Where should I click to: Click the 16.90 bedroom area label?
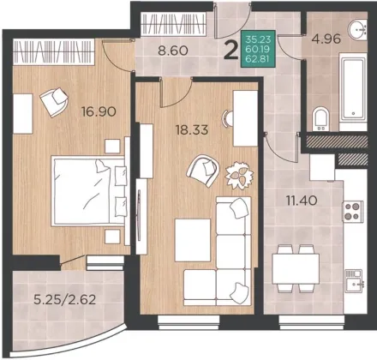(99, 111)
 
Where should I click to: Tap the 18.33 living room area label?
(192, 130)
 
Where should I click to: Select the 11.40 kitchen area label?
(302, 201)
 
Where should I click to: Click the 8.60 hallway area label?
(173, 51)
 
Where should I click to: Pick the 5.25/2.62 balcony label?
(64, 300)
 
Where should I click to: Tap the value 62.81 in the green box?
(258, 60)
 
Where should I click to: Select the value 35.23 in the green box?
(258, 39)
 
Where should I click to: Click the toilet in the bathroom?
(320, 119)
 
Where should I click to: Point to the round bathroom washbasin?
(357, 29)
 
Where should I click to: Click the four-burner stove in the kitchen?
(353, 212)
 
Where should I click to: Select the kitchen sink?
(354, 281)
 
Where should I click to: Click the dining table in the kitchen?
(296, 269)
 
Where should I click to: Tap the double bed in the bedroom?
(89, 191)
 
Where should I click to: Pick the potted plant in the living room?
(239, 176)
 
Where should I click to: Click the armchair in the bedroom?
(54, 102)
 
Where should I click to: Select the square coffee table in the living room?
(193, 240)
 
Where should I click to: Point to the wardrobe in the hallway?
(173, 24)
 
